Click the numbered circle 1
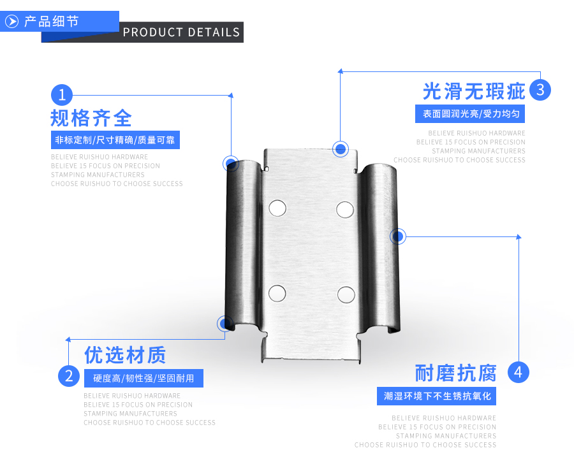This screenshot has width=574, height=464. pos(62,95)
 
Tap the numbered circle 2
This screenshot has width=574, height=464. pos(68,375)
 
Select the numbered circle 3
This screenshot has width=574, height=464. pos(540,90)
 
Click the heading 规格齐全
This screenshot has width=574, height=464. pos(91,118)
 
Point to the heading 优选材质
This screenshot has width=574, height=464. pos(125,354)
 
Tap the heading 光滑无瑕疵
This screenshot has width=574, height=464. pos(474,91)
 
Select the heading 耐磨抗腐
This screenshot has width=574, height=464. pos(455,372)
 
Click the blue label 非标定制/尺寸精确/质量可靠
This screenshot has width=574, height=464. pos(115,140)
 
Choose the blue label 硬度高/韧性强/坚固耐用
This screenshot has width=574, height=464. pos(143,378)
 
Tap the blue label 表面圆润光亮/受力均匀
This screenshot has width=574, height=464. pos(470,114)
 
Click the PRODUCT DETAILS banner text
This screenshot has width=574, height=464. pos(181,33)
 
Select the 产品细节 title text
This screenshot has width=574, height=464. pos(51,22)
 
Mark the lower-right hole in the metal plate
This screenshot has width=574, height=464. pos(346,294)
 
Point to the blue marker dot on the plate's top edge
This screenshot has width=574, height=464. pos(341,149)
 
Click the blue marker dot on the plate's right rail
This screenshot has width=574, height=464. pos(398,236)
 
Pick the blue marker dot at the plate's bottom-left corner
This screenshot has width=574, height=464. pos(224,324)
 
